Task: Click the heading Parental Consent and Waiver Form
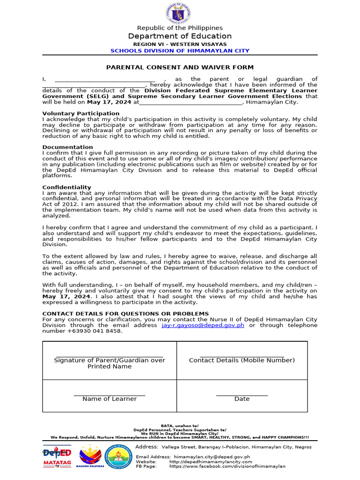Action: (180, 67)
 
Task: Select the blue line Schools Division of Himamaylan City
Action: (180, 51)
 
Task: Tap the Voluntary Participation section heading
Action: (81, 113)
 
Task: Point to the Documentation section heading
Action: (67, 147)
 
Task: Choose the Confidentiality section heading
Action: (67, 187)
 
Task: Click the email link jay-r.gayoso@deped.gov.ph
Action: (203, 325)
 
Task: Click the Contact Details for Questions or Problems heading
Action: (126, 314)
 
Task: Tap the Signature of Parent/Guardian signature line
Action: (109, 356)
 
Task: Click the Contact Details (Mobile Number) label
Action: (242, 360)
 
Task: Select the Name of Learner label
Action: (109, 399)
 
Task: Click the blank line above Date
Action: (242, 395)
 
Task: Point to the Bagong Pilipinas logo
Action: (90, 458)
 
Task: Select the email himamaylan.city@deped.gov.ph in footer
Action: (211, 457)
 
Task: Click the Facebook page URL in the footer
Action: (227, 466)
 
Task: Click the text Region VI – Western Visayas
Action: (180, 44)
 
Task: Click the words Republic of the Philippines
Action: (180, 28)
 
